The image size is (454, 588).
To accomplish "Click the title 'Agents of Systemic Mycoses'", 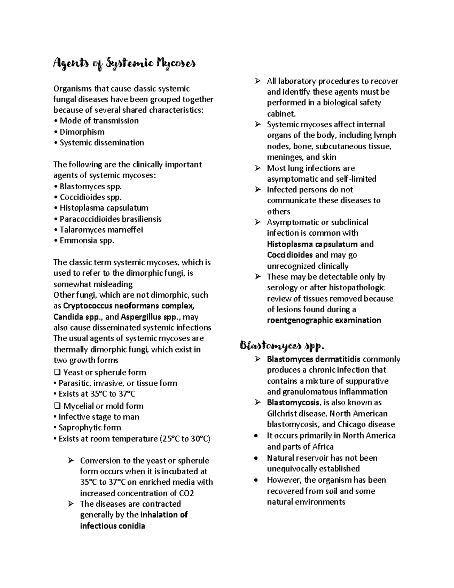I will [124, 64].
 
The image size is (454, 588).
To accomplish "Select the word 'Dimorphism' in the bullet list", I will [82, 132].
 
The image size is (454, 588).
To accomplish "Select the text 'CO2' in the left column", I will [187, 493].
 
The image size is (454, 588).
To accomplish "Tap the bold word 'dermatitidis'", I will [338, 359].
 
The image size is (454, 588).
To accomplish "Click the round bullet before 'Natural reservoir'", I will [257, 458].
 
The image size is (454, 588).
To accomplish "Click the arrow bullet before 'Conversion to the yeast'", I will [70, 460].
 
